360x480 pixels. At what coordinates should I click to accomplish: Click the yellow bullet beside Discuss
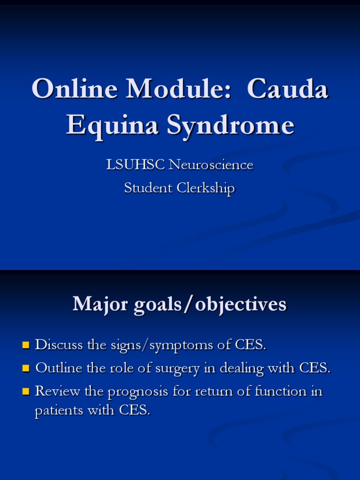(26, 345)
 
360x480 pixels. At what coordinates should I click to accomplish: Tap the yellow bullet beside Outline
(26, 368)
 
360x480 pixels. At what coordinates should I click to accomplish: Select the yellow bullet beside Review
(26, 391)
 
